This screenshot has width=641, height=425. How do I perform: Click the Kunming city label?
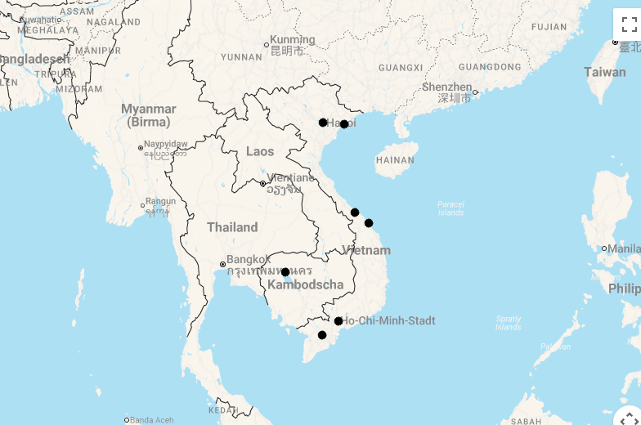[x=292, y=40]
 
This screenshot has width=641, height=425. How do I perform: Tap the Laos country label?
[x=260, y=151]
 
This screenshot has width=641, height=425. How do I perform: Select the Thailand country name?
[x=232, y=227]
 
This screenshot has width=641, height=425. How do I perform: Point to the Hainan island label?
[x=395, y=160]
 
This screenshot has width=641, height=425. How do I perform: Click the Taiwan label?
[x=605, y=72]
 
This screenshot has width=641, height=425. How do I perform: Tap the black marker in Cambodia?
[x=285, y=272]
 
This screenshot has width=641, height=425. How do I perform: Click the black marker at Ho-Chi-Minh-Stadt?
[x=338, y=321]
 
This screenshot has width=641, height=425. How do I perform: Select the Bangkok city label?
[x=249, y=260]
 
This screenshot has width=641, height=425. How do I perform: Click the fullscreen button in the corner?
[x=629, y=25]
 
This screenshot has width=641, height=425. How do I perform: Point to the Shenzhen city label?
[x=447, y=87]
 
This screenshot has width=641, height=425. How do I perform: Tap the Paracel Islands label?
[x=450, y=208]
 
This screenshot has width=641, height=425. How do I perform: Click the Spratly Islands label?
[x=508, y=323]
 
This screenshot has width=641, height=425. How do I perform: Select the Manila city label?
[x=624, y=248]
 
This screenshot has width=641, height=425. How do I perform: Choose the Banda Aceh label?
[x=152, y=420]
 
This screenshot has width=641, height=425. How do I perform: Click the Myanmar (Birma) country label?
[x=149, y=115]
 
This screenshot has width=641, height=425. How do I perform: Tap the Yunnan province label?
[x=241, y=57]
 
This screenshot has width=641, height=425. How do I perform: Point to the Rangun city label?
[x=160, y=202]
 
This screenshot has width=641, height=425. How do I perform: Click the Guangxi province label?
[x=401, y=67]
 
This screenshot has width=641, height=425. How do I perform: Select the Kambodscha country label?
[x=307, y=285]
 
